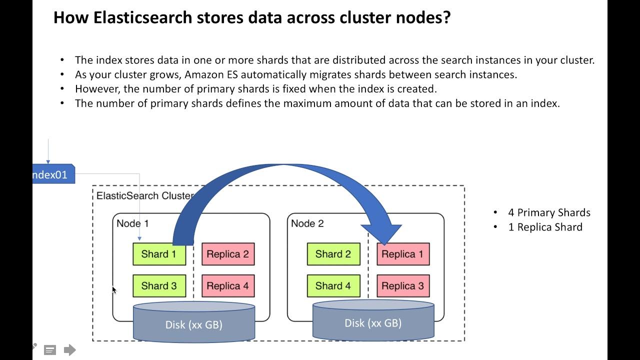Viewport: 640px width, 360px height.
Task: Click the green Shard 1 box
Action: [x=159, y=254]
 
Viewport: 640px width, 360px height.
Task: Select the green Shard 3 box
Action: [x=159, y=286]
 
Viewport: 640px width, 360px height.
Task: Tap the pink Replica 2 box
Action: [x=227, y=254]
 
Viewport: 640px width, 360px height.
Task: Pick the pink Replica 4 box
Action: [x=227, y=286]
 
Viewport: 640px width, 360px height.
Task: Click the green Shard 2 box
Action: [x=333, y=254]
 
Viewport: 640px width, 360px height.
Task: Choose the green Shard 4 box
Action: [x=333, y=286]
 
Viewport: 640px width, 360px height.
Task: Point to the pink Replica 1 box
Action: [x=402, y=254]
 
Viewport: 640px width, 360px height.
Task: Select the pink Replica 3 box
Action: [x=402, y=286]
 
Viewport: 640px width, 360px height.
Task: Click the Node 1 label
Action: [x=132, y=223]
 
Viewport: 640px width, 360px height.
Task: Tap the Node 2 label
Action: [x=307, y=223]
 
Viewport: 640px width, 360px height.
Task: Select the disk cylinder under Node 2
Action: [x=373, y=322]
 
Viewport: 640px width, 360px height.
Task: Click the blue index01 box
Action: [x=53, y=175]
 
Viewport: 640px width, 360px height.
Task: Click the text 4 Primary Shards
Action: [x=549, y=212]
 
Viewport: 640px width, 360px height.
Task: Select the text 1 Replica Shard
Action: [x=545, y=227]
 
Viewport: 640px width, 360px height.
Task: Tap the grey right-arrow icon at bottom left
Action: [x=69, y=350]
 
